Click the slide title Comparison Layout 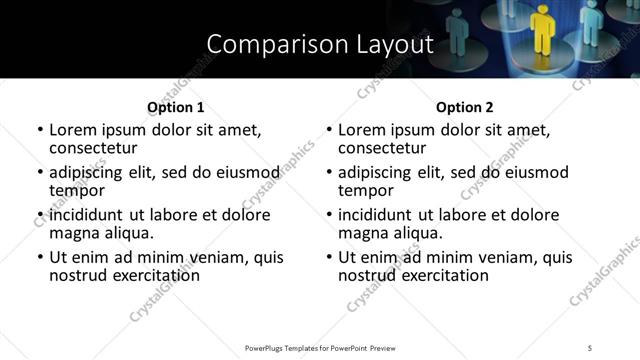click(319, 44)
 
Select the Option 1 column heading click(175, 107)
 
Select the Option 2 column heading click(464, 107)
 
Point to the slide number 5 click(590, 347)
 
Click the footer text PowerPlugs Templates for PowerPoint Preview click(319, 347)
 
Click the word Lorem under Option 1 click(74, 130)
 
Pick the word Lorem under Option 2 click(363, 130)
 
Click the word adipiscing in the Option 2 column click(380, 172)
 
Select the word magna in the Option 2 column click(363, 233)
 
